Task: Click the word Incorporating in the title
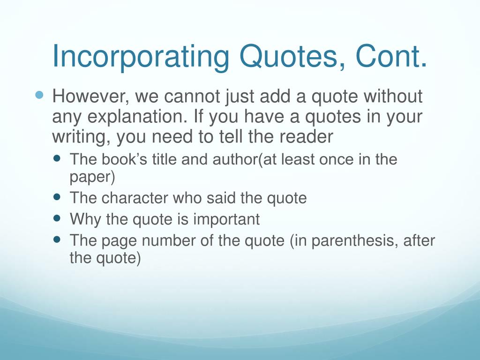click(x=141, y=57)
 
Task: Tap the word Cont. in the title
click(x=391, y=56)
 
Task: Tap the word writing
click(x=81, y=137)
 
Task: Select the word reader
click(x=306, y=136)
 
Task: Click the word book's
click(x=124, y=159)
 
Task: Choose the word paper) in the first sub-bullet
click(x=92, y=177)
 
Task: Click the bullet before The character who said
click(x=57, y=196)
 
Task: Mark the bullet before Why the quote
click(x=57, y=217)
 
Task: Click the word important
click(x=226, y=219)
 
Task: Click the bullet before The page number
click(x=57, y=239)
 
